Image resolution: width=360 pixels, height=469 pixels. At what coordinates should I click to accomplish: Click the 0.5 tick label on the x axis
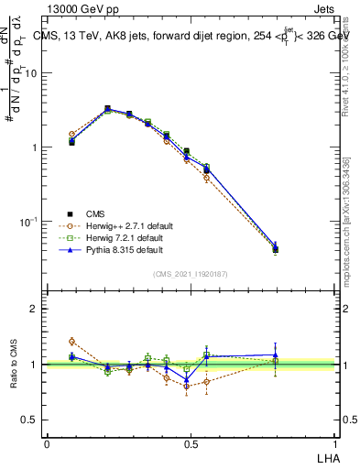(x=191, y=443)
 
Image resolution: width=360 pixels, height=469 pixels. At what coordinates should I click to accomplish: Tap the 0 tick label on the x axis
(x=47, y=443)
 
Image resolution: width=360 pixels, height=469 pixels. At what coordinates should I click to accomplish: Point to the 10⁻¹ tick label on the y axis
(x=28, y=222)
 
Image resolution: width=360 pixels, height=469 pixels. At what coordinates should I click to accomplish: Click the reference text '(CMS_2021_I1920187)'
(x=191, y=274)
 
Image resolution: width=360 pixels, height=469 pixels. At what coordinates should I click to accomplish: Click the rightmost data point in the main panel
(x=301, y=248)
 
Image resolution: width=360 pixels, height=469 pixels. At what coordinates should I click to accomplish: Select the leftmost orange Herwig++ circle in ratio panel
(x=72, y=341)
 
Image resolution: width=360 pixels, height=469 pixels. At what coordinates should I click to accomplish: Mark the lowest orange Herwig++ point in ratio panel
(x=187, y=387)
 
